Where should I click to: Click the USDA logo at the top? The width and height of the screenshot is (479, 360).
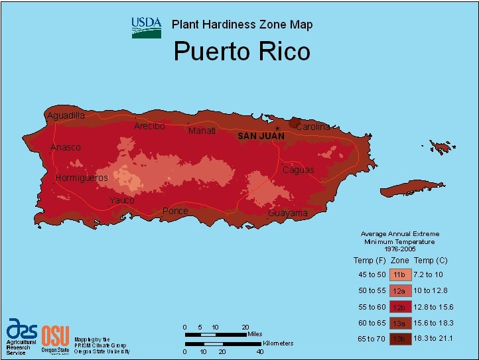[146, 27]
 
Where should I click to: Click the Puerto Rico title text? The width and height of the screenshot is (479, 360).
[241, 52]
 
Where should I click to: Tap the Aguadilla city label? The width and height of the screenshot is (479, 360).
[66, 115]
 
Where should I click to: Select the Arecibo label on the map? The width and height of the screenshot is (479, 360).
[149, 126]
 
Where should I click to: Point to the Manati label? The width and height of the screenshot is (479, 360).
[202, 131]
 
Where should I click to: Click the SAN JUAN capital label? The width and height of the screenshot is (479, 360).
[261, 136]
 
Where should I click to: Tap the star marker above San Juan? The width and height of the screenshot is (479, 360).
[277, 127]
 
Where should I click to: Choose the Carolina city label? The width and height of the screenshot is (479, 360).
[312, 127]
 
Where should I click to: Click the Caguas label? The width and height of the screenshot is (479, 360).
[298, 170]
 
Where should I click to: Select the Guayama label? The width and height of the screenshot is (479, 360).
[288, 213]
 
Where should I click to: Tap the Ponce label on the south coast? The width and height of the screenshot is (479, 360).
[175, 211]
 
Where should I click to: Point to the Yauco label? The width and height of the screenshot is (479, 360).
[122, 200]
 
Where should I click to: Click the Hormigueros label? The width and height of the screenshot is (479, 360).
[82, 178]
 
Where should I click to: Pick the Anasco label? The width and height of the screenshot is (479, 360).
[66, 147]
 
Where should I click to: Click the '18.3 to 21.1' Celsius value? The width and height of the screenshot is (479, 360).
[435, 339]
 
